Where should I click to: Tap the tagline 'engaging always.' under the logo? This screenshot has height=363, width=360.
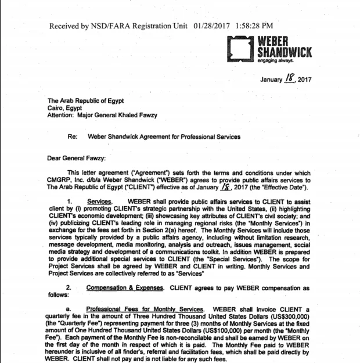coord(276,60)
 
